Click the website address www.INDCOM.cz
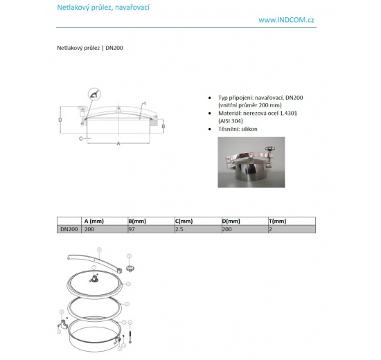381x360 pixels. point(287,20)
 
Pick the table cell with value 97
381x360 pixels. point(132,228)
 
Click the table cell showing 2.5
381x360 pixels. point(179,228)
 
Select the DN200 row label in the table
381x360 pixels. point(68,228)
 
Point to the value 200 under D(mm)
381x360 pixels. point(227,228)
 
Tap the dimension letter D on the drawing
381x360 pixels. point(60,120)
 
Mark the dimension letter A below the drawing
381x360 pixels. point(118,143)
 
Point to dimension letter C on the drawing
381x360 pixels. point(81,138)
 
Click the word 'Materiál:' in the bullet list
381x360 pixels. point(231,112)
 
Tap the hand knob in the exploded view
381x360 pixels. point(129,267)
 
